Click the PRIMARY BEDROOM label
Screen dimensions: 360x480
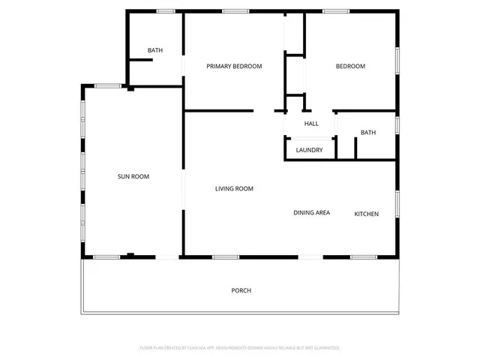[x=234, y=67]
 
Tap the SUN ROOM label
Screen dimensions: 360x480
[x=133, y=177]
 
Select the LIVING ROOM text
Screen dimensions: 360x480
[x=234, y=189]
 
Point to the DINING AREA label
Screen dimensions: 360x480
[x=311, y=213]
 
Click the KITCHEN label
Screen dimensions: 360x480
[x=366, y=214]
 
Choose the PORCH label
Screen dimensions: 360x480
[x=241, y=290]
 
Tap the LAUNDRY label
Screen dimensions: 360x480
[x=309, y=150]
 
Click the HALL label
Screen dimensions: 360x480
[x=311, y=124]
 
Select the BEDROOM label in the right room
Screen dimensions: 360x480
[x=349, y=67]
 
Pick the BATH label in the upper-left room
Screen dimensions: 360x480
[x=155, y=51]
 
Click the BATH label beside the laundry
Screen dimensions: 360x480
[x=367, y=133]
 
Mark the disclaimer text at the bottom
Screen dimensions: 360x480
[x=240, y=348]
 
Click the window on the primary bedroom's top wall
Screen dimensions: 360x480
[x=235, y=10]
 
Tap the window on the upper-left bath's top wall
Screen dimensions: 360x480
[x=166, y=10]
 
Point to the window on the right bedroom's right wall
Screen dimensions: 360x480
[x=397, y=59]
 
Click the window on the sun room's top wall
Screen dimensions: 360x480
[x=107, y=85]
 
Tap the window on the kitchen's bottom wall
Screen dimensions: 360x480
[x=363, y=257]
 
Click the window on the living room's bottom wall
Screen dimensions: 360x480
[x=225, y=257]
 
